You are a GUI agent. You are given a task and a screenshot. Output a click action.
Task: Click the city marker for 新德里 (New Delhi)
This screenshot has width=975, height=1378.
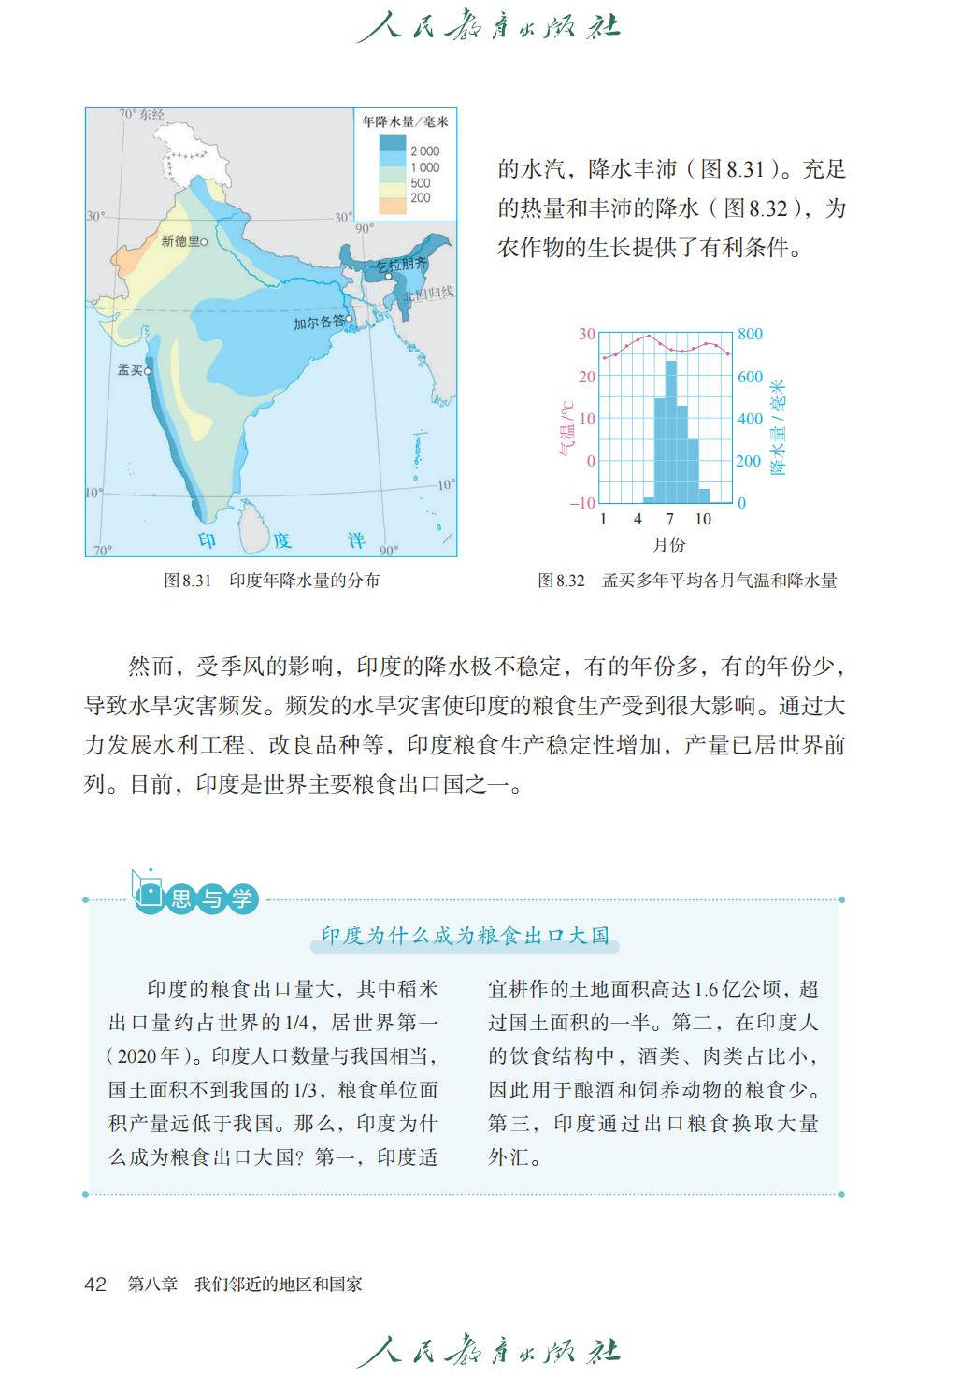(x=205, y=241)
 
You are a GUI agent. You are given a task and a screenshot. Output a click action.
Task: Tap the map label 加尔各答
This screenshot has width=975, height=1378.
(x=318, y=323)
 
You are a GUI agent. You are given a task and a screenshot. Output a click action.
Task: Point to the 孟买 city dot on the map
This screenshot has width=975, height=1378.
(x=148, y=371)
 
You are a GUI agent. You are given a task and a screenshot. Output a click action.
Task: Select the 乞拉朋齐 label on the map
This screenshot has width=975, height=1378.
(x=401, y=266)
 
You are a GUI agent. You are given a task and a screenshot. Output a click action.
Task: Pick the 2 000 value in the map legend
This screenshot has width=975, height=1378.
(x=424, y=151)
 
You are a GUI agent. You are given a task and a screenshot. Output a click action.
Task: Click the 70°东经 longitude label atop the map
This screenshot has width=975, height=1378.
(x=141, y=115)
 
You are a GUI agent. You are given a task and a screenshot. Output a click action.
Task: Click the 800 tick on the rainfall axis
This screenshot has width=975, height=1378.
(x=750, y=334)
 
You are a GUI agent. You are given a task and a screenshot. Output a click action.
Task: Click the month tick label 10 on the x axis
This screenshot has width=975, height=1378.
(x=703, y=520)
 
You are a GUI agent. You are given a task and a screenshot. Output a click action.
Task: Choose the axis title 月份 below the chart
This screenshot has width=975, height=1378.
(x=669, y=544)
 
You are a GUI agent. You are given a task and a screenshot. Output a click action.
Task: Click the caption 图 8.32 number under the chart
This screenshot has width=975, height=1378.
(x=561, y=581)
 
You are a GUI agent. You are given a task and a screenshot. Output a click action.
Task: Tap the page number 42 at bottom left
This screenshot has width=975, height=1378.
(x=95, y=1284)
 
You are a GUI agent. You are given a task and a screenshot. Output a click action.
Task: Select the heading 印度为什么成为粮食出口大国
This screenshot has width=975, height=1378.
(x=465, y=935)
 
